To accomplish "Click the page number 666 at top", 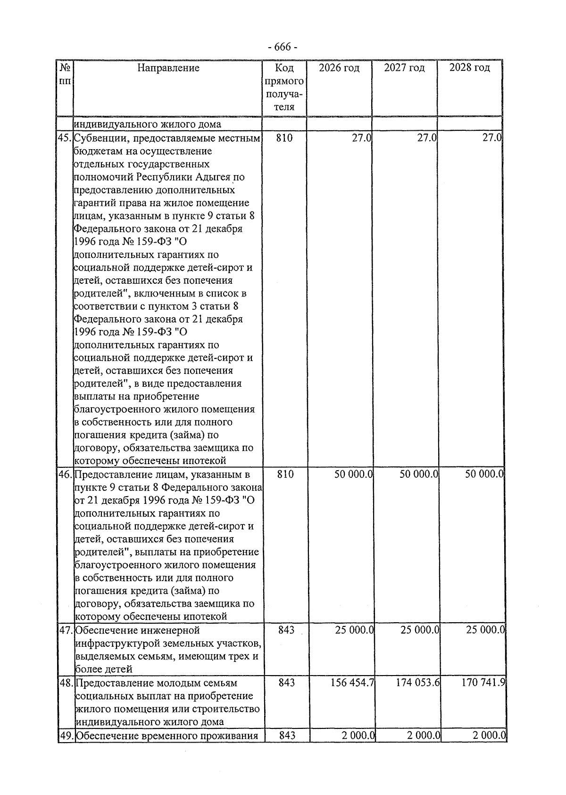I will (282, 47).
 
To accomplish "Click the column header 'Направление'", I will (168, 68).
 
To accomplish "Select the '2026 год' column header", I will (339, 68).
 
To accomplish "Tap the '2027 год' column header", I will (404, 68).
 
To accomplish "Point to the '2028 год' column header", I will (469, 68).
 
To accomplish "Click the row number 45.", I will (65, 138).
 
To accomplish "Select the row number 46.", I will (65, 474).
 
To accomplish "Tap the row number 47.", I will (66, 630).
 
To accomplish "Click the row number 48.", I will (66, 683).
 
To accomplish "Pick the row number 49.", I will (66, 736).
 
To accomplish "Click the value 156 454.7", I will (352, 683).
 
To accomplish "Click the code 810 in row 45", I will (284, 138).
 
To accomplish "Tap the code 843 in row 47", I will (286, 630).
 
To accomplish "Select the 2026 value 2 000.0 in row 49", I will (358, 736).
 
